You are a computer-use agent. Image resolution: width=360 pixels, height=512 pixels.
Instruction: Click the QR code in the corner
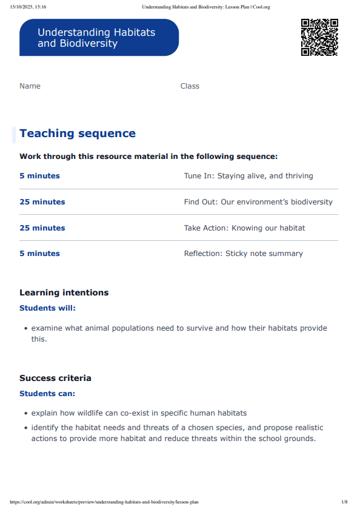(319, 37)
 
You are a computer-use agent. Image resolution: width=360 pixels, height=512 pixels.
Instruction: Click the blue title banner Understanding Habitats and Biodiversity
(99, 38)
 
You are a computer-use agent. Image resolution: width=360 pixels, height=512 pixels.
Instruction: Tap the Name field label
(30, 86)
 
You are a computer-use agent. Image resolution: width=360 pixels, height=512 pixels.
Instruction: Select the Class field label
(190, 86)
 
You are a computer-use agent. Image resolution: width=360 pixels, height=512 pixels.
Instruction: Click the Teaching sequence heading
(78, 133)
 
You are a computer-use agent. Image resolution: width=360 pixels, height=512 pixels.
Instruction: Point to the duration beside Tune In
(39, 176)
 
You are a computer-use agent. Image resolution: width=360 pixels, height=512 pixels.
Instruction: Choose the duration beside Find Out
(42, 202)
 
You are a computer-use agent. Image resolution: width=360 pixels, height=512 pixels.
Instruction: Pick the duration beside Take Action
(42, 228)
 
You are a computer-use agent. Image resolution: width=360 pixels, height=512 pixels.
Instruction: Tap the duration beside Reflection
(39, 254)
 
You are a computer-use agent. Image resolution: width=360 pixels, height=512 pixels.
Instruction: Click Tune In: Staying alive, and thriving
(248, 176)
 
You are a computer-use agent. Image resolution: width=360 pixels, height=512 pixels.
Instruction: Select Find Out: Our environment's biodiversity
(258, 202)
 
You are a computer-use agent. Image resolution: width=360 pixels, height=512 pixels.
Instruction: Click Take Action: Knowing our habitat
(244, 228)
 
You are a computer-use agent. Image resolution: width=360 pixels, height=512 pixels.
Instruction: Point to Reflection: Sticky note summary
(243, 254)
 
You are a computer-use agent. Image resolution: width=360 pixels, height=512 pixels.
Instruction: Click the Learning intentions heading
(64, 292)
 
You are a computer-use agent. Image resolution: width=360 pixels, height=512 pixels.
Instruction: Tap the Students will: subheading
(47, 308)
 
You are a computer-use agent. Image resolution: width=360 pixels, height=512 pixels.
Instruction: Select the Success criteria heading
(55, 378)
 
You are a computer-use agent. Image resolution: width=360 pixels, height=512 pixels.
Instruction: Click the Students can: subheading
(47, 394)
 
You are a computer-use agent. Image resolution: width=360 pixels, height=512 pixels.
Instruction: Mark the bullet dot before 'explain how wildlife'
(25, 414)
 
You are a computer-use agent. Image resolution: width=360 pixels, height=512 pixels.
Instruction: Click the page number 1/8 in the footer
(344, 502)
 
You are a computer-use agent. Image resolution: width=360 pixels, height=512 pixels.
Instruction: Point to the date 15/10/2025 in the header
(22, 7)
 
